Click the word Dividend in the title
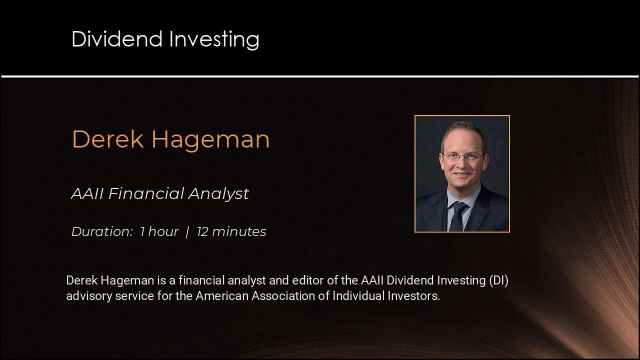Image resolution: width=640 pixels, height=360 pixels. [x=117, y=39]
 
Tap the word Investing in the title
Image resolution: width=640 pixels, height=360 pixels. [x=214, y=40]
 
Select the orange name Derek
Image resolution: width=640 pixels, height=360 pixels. [x=107, y=139]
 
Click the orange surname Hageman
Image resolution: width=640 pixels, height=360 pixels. [x=210, y=140]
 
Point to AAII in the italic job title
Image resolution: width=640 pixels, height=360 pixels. [x=87, y=193]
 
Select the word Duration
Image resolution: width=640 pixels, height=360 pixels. [x=102, y=231]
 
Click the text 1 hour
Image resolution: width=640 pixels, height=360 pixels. [x=159, y=231]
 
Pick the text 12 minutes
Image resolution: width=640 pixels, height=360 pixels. [x=231, y=231]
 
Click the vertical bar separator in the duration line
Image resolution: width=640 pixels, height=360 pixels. [x=187, y=232]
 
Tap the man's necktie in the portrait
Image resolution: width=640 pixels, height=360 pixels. [x=457, y=216]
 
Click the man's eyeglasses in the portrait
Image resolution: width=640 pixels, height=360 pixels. [x=462, y=156]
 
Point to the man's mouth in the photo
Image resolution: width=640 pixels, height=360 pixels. [x=461, y=173]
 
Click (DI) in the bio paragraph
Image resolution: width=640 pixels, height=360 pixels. [x=498, y=280]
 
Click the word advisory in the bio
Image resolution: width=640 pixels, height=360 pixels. [x=89, y=296]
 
